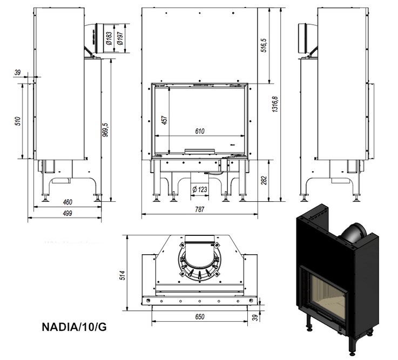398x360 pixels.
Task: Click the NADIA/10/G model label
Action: coord(74,327)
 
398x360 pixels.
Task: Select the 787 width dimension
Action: coord(199,209)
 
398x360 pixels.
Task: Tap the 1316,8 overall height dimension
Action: coord(275,104)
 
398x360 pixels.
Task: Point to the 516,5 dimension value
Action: coord(264,46)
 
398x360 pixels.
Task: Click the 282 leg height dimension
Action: coord(264,180)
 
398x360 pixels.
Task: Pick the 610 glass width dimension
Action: coord(200,131)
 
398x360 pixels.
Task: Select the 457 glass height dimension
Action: coord(165,120)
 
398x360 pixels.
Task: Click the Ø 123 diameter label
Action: coord(200,189)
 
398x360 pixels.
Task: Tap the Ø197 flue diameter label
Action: coord(120,38)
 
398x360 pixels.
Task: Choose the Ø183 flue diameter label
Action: coord(109,38)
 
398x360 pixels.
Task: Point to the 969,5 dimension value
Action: coord(105,130)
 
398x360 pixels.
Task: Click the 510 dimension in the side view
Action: coord(17,121)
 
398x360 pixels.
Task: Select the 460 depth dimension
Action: coord(68,202)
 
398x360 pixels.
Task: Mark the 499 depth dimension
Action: coord(68,213)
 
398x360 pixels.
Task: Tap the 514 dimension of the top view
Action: coord(123,275)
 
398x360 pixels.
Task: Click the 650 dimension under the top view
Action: coord(200,317)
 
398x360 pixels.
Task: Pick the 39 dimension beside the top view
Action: coord(255,318)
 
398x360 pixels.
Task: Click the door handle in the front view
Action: coord(200,151)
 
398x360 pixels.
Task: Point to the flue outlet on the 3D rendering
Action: coord(353,233)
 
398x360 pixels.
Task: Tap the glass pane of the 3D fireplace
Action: coord(328,296)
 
